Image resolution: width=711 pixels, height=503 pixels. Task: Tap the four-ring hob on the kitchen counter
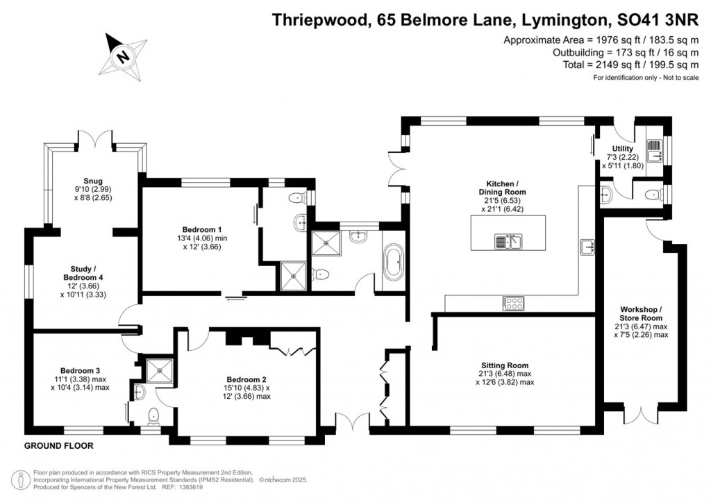click(513, 303)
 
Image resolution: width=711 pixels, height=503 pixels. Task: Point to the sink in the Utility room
click(654, 147)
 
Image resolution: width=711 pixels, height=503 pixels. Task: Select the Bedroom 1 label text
click(202, 230)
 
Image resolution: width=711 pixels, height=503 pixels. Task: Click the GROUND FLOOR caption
click(58, 445)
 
